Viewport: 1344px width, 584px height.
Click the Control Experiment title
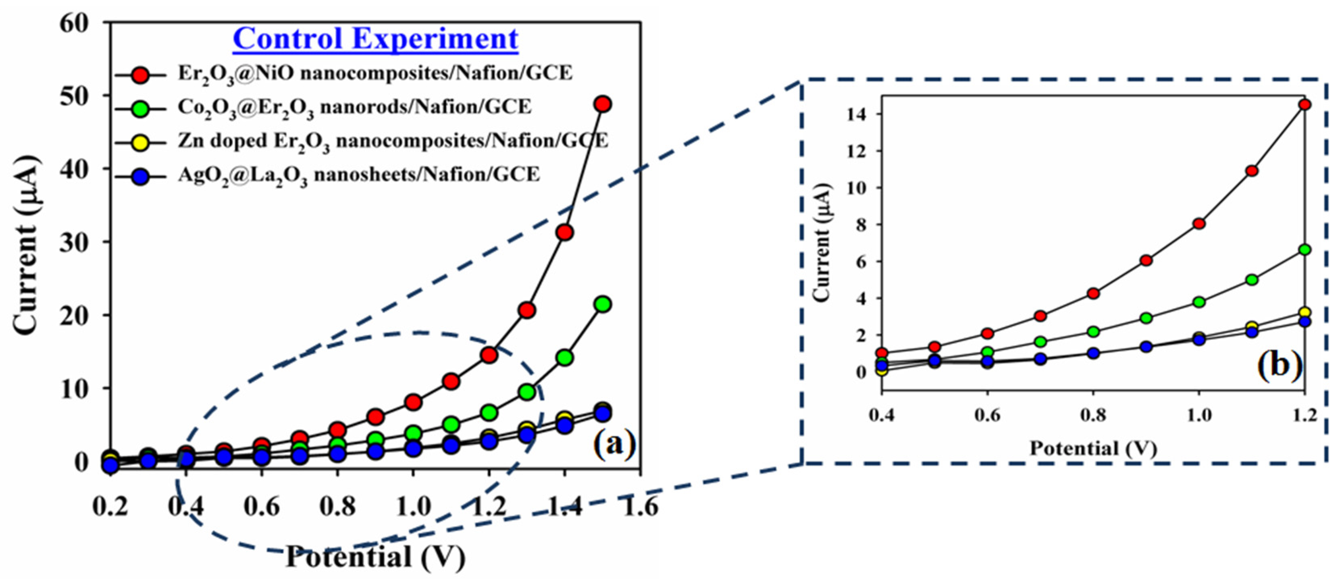[375, 39]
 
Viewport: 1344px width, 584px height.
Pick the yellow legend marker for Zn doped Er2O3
[140, 142]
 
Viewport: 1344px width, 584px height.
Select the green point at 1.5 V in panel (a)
[603, 304]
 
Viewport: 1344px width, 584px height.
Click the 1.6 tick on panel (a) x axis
[640, 505]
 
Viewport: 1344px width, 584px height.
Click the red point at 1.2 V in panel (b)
[1304, 104]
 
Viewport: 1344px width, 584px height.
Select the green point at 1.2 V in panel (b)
[1304, 249]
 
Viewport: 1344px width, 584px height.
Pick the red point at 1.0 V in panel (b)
[1199, 223]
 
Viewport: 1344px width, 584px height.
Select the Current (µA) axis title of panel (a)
[26, 245]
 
